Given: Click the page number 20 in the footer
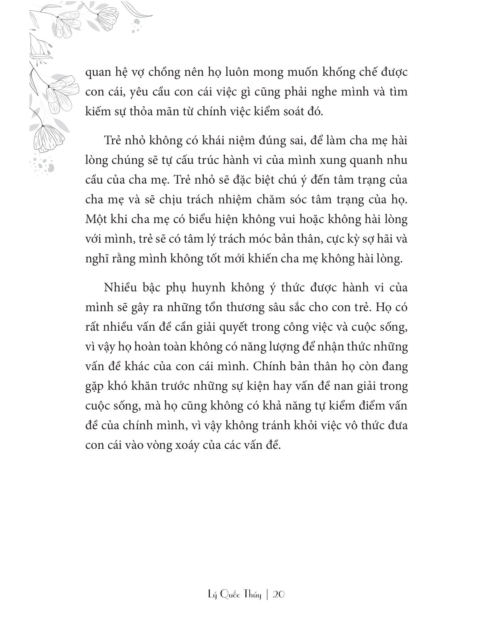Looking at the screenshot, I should pyautogui.click(x=279, y=594).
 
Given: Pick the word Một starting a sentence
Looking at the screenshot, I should pyautogui.click(x=97, y=220).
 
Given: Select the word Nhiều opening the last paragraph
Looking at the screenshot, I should pyautogui.click(x=120, y=288).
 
